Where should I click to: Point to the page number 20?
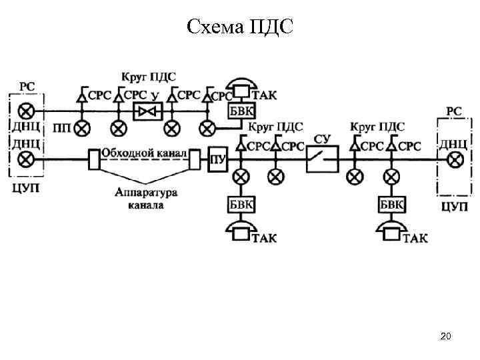[x=446, y=337]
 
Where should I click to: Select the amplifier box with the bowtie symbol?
[x=145, y=111]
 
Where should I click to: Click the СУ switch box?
[x=322, y=159]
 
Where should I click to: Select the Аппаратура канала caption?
[x=145, y=199]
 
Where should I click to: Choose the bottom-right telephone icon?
[x=391, y=230]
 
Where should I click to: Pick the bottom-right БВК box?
[x=391, y=203]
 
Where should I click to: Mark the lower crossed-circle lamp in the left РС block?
[x=27, y=159]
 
